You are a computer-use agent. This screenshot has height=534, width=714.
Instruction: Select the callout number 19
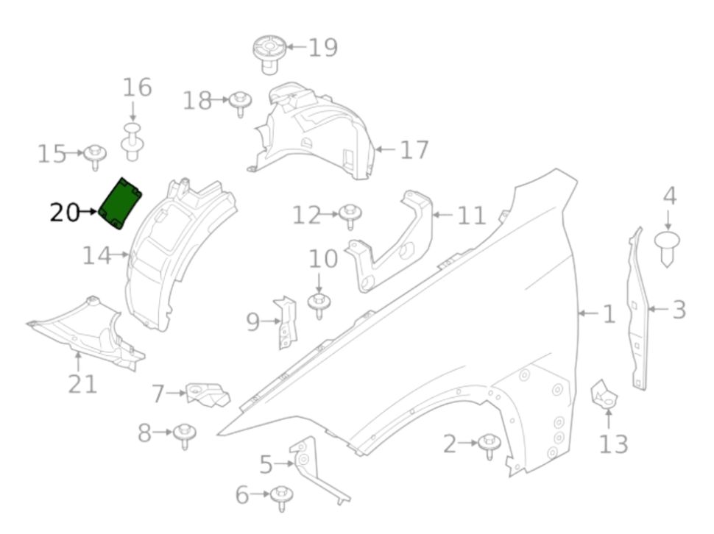322,48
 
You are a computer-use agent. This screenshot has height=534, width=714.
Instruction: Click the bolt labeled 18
238,102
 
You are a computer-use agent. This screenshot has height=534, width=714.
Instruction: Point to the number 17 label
414,150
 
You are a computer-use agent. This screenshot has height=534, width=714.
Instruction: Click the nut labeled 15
95,156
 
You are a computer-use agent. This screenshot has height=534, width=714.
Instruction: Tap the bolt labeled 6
280,496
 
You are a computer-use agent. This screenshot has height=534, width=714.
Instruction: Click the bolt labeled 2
489,445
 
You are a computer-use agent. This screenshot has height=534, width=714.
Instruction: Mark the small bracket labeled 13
606,395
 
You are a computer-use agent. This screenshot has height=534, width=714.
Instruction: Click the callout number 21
82,382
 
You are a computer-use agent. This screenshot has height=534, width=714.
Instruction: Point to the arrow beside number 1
587,314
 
